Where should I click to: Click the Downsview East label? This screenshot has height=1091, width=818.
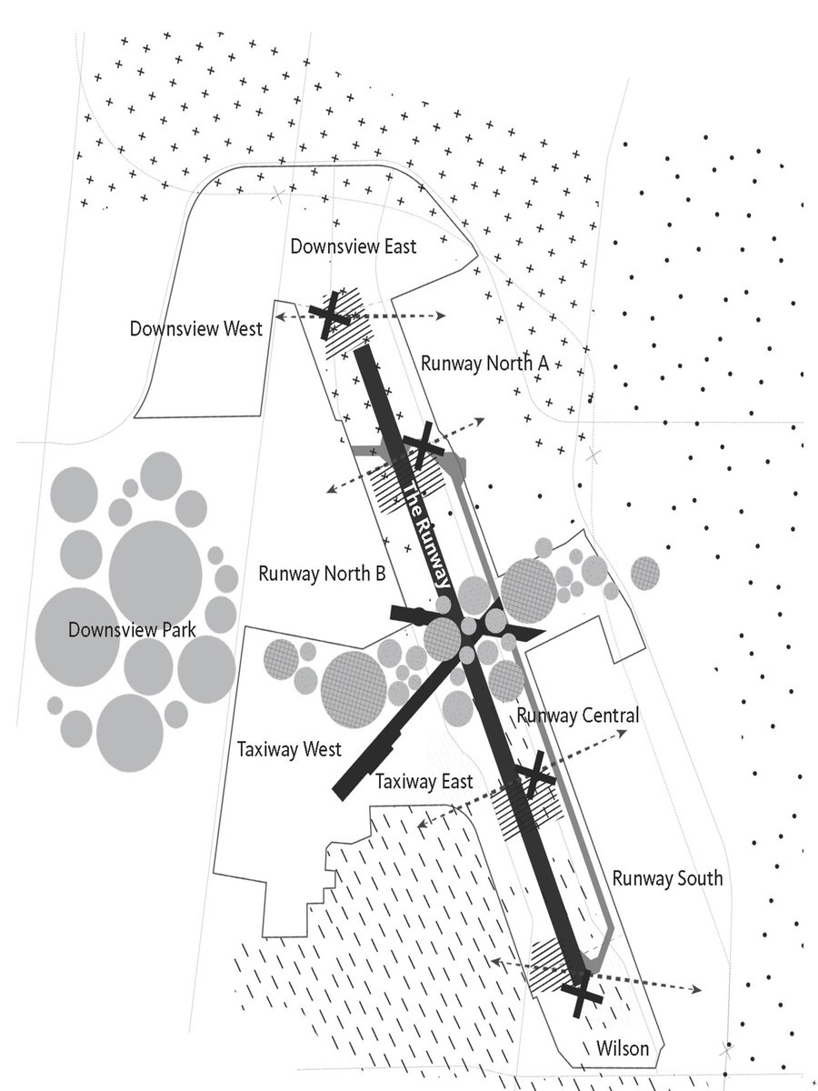pos(354,246)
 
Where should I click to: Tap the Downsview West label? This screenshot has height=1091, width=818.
pos(195,328)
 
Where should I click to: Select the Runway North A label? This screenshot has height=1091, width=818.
pos(484,364)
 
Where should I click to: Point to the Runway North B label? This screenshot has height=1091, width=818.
pos(322,574)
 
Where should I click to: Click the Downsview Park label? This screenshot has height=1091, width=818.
pos(132,630)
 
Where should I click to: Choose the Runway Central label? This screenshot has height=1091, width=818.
pos(578,716)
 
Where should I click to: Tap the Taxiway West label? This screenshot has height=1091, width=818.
pos(289,749)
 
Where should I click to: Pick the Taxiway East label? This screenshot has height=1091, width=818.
pos(424,781)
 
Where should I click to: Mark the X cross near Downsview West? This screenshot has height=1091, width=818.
pos(330,315)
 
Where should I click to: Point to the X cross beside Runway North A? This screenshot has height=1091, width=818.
pos(423,445)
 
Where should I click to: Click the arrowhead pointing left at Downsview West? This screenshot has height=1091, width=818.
pos(280,316)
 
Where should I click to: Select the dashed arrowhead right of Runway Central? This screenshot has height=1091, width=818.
pos(622,732)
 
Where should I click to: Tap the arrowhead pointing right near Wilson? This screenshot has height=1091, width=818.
pos(697,989)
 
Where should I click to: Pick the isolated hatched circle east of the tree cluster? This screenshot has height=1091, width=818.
pos(645,573)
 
